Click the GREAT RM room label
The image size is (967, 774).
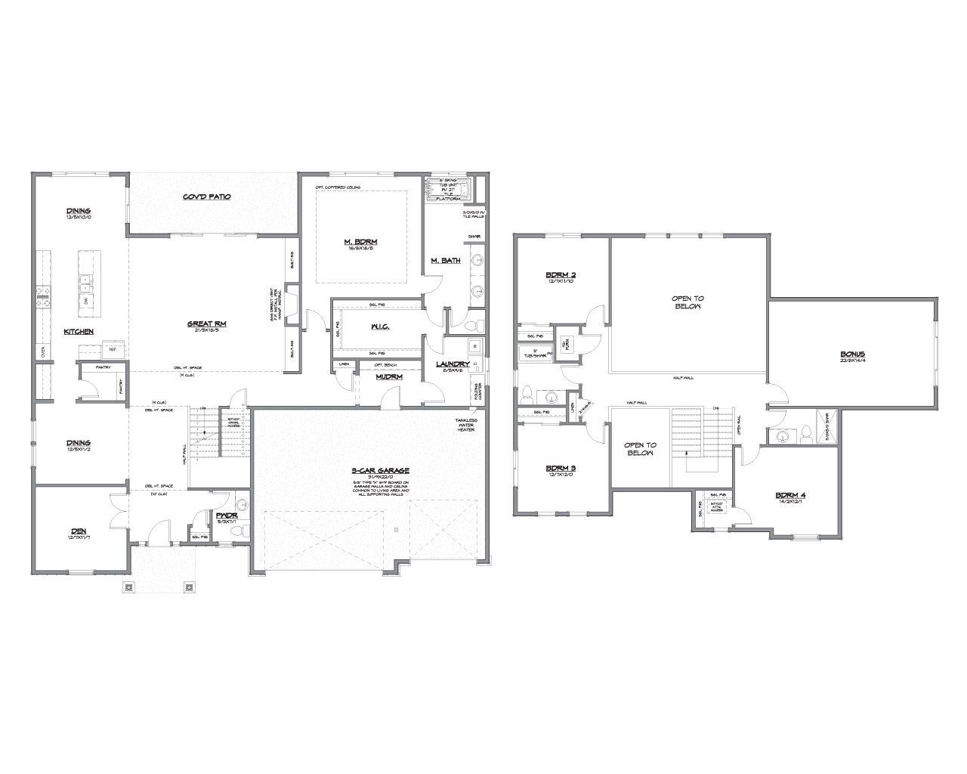207,324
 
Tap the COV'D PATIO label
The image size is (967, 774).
206,197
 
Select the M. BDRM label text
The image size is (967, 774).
360,242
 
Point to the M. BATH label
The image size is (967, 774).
446,261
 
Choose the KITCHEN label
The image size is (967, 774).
79,332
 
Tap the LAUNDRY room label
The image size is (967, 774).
453,364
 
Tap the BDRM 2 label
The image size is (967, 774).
561,274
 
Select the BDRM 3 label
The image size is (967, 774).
561,468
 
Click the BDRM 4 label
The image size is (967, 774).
790,496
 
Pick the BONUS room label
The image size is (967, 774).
852,354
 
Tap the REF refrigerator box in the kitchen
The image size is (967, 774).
113,349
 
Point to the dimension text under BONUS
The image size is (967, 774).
852,361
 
